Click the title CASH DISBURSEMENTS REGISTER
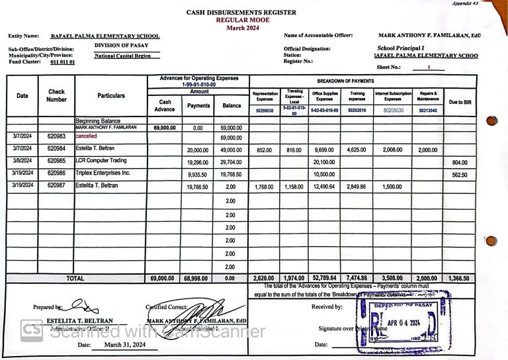coord(241,13)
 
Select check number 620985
coord(56,161)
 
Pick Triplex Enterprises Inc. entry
coord(103,173)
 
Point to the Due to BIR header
coord(460,102)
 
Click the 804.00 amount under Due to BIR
coord(460,162)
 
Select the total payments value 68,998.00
coord(198,279)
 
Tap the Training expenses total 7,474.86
coord(357,279)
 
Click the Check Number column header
coord(56,96)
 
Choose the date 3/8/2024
coord(22,161)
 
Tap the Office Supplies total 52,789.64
coord(324,279)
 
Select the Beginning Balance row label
coord(97,121)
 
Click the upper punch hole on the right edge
coord(491,120)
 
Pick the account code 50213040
coord(427,111)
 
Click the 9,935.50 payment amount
coord(198,174)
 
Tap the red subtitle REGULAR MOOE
coord(241,21)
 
